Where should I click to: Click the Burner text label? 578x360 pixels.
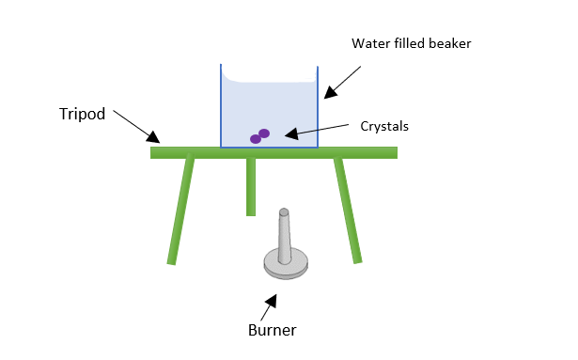[x=272, y=330]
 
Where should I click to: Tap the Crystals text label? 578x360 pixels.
[x=385, y=125]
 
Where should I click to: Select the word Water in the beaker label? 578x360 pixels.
[x=370, y=43]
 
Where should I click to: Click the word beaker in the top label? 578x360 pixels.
[x=445, y=43]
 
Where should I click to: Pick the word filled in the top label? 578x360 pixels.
[x=408, y=43]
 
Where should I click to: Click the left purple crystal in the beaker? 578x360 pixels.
[x=255, y=139]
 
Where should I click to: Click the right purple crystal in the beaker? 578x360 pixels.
[x=264, y=133]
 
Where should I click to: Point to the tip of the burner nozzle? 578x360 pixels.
[x=284, y=212]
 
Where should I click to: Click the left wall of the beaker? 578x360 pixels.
[x=221, y=108]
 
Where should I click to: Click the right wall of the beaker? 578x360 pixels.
[x=318, y=108]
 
